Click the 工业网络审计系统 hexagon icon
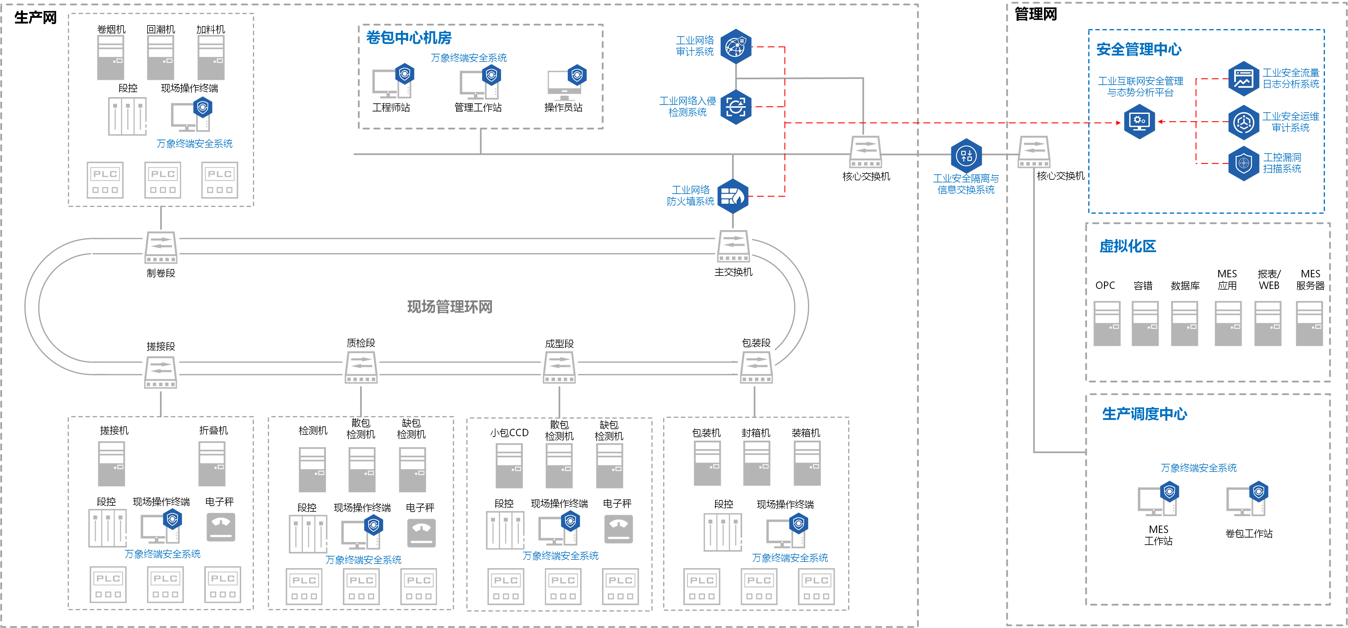[x=736, y=47]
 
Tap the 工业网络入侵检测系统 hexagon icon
[x=736, y=107]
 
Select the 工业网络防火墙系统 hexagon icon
[x=733, y=196]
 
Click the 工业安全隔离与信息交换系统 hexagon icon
[x=966, y=155]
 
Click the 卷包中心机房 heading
[x=409, y=38]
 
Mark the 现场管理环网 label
[x=449, y=307]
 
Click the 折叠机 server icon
[x=212, y=464]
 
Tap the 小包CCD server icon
[x=509, y=466]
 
